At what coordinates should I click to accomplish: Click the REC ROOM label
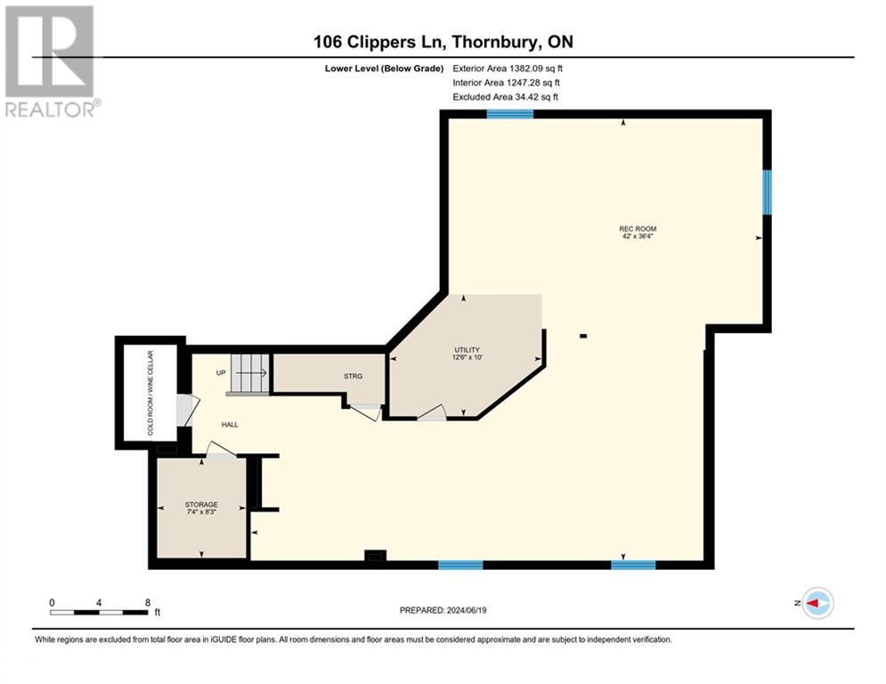click(x=637, y=229)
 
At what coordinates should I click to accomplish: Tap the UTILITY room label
click(x=467, y=349)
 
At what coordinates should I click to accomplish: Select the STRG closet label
click(x=353, y=376)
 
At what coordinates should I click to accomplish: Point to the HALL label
click(x=230, y=424)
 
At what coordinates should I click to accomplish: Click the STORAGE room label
click(x=202, y=504)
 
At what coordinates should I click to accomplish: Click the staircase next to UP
click(x=249, y=374)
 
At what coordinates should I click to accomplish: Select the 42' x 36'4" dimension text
click(x=637, y=237)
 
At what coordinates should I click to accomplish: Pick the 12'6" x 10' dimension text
click(x=467, y=358)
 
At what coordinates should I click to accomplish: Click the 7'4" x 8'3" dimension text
click(x=202, y=512)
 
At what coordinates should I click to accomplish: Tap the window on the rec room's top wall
click(x=509, y=113)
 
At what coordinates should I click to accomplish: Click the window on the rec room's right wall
click(x=766, y=191)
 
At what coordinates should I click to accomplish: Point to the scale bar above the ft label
click(x=99, y=612)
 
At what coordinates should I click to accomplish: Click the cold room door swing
click(x=185, y=411)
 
